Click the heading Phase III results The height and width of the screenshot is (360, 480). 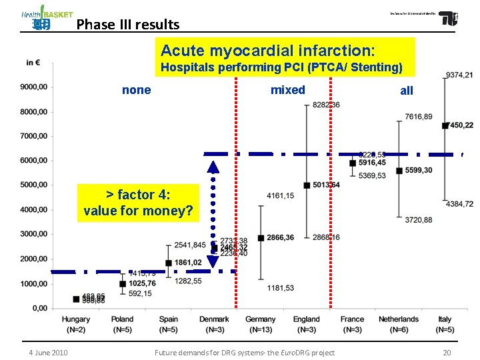(x=127, y=25)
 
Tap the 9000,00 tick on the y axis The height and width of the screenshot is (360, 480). (x=34, y=87)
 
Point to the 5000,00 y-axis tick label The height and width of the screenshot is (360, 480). (x=34, y=185)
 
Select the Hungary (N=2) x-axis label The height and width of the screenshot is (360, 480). (x=76, y=324)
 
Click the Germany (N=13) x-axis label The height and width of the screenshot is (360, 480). (x=260, y=324)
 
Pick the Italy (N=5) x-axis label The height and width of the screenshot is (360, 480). (x=445, y=324)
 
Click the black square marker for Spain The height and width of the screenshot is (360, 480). (x=169, y=263)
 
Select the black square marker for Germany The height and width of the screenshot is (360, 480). (x=261, y=238)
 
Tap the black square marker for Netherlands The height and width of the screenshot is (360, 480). (x=399, y=171)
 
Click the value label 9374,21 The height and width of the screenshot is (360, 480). (x=459, y=75)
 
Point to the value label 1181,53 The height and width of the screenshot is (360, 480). (x=280, y=288)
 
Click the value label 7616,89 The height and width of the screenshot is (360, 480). (x=418, y=117)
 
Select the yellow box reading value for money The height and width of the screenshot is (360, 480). (x=139, y=203)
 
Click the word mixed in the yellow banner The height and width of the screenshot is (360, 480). (x=287, y=90)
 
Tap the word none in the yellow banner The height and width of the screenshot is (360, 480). (x=137, y=90)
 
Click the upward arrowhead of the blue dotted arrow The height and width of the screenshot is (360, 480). (x=213, y=167)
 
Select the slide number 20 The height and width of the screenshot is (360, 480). (x=447, y=352)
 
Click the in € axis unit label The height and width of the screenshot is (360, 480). (x=33, y=63)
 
